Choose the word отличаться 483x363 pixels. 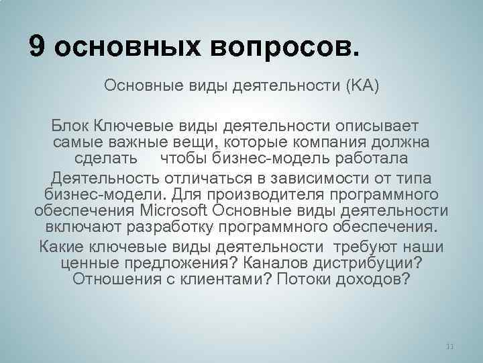tap(201, 178)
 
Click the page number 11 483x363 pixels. tap(450, 346)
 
